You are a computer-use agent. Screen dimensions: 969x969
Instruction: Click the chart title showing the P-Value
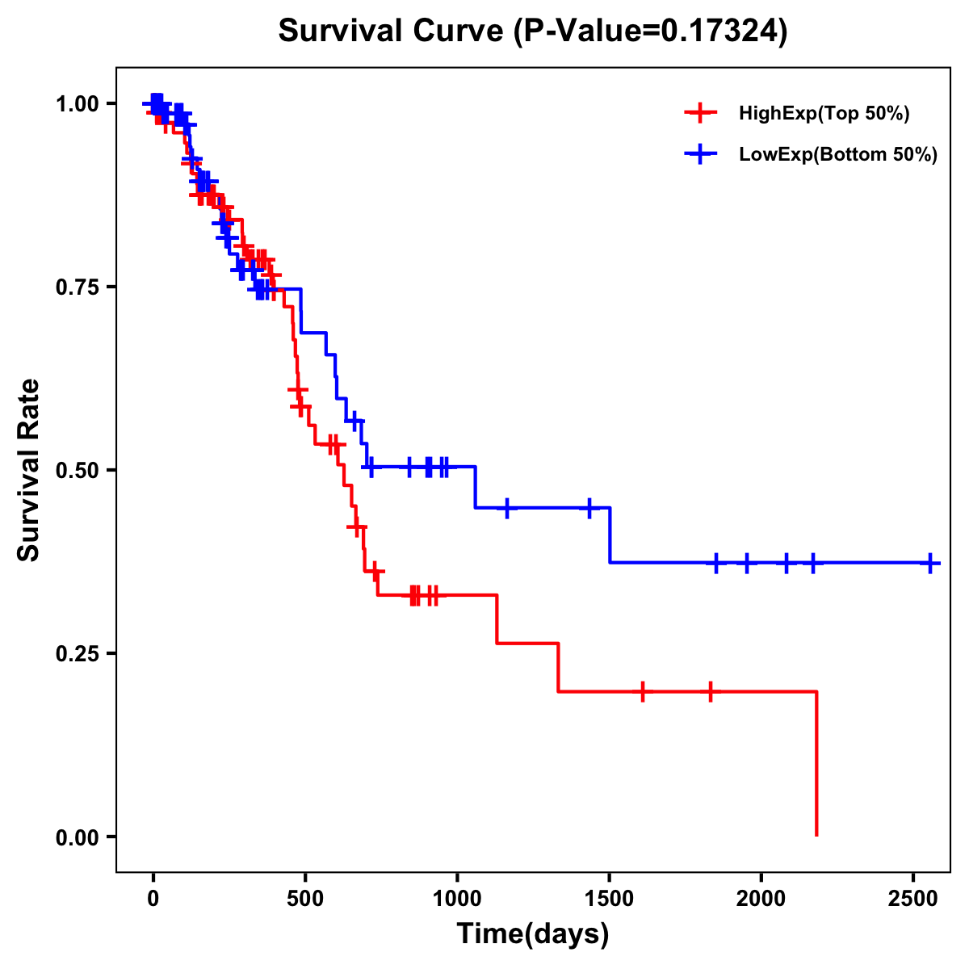(532, 31)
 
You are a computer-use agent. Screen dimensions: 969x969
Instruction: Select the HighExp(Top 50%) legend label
(824, 114)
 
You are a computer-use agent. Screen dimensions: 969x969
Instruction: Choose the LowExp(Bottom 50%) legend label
(838, 154)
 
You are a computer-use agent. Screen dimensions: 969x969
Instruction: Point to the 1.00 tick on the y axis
(78, 103)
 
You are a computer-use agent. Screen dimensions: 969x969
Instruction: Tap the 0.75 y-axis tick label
(78, 287)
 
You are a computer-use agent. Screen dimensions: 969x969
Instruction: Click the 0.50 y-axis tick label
(78, 470)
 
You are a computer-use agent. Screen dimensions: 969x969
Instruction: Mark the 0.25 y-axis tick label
(78, 653)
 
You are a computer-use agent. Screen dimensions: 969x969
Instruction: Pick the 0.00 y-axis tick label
(78, 837)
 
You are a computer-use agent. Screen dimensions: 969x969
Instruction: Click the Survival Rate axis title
(29, 470)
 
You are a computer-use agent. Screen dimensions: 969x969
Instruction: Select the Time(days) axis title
(533, 934)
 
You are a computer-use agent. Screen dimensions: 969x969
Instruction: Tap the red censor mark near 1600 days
(642, 691)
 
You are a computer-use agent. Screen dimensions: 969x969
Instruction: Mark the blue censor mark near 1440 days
(589, 508)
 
